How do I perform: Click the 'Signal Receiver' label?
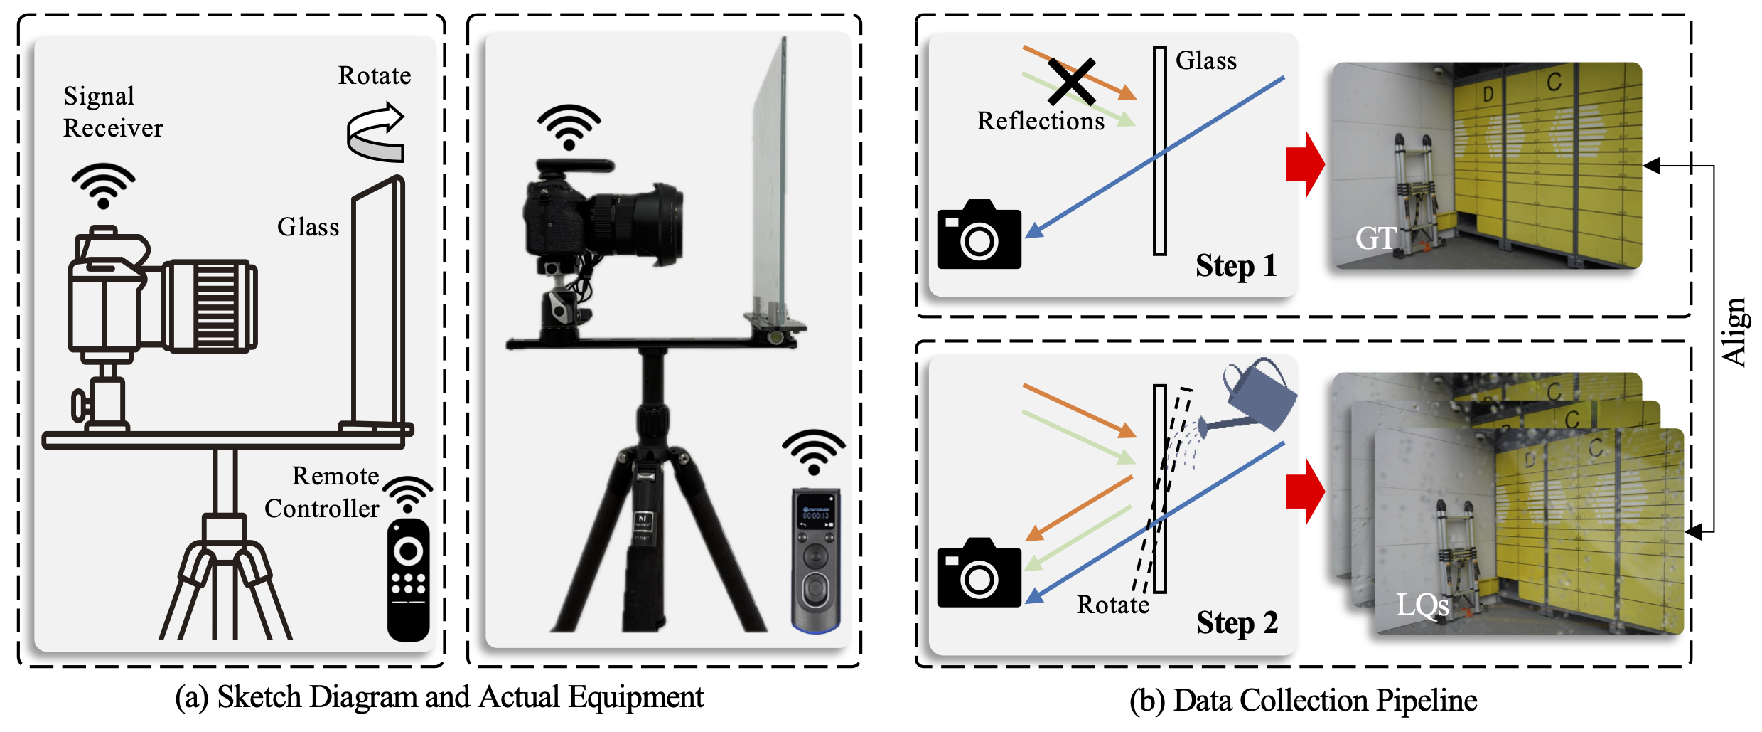click(113, 112)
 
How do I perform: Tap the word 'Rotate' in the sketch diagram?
click(375, 75)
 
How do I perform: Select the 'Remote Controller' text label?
click(322, 492)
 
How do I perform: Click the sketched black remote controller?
click(408, 580)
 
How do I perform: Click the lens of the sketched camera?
click(210, 307)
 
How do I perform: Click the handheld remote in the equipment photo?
click(816, 560)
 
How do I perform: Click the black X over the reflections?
click(1071, 82)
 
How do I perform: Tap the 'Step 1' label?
click(1236, 266)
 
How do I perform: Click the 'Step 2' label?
click(1237, 622)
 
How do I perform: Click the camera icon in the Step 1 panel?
click(979, 234)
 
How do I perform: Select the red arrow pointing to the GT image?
click(1306, 164)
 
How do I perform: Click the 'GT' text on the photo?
click(1376, 238)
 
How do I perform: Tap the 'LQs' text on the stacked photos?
click(1422, 605)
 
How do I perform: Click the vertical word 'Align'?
click(1734, 332)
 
